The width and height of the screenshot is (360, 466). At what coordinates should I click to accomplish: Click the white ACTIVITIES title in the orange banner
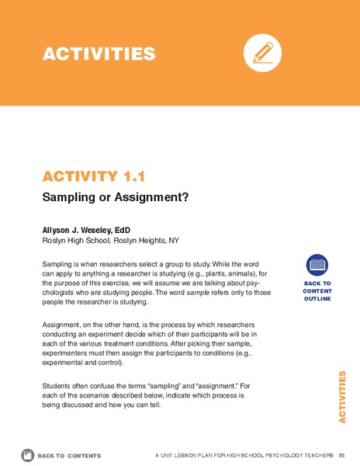[99, 54]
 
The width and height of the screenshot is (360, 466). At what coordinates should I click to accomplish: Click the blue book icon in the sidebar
[317, 266]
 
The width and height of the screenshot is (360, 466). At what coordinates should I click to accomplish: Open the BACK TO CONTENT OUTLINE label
[317, 291]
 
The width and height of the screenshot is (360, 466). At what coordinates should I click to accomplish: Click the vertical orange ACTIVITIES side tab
[342, 397]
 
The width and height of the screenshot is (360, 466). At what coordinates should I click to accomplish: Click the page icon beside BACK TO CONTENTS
[26, 454]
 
